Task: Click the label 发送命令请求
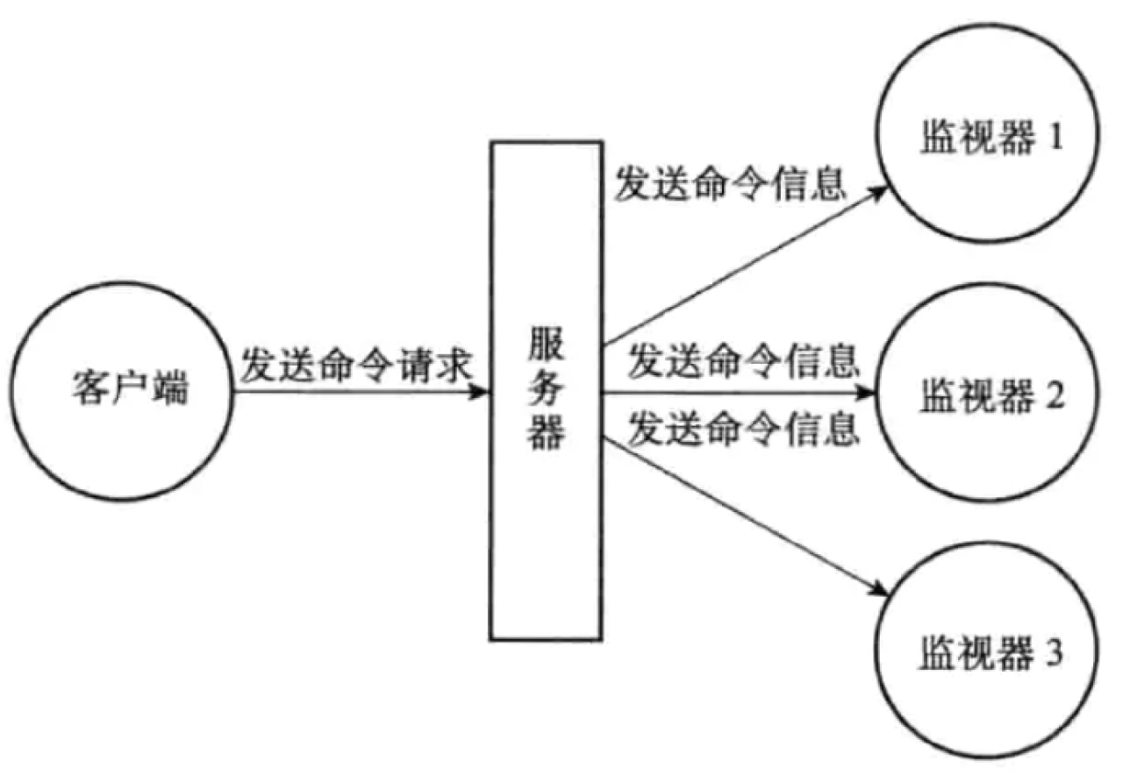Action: coord(358,365)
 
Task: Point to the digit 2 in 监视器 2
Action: coord(1054,397)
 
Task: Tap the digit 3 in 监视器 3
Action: coord(1054,653)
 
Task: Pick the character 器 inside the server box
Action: coord(545,433)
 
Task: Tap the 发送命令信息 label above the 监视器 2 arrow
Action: coord(742,359)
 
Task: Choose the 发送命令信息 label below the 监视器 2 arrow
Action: coord(742,429)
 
